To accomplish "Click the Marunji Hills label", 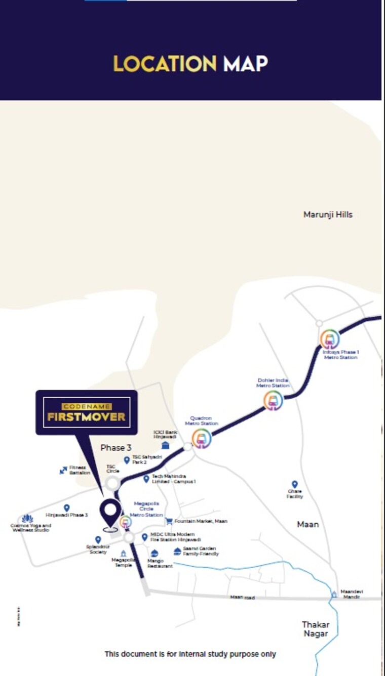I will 328,215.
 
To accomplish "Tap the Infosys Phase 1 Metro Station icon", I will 330,339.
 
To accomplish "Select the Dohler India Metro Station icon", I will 273,400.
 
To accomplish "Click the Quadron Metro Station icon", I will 202,439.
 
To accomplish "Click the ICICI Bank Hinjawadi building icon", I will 165,445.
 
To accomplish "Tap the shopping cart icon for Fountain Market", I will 169,521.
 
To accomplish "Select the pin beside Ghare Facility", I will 294,484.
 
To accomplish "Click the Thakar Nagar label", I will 316,629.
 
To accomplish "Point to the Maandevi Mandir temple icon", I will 334,594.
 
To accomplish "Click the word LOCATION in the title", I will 165,64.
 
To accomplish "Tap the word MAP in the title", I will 245,64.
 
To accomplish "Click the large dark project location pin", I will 110,513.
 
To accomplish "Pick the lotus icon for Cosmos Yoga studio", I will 28,519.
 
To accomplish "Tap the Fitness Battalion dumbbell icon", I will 63,470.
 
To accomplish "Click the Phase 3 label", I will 116,447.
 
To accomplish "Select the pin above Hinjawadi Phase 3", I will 66,508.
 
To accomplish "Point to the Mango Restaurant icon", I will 155,554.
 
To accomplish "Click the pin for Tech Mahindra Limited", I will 146,478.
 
